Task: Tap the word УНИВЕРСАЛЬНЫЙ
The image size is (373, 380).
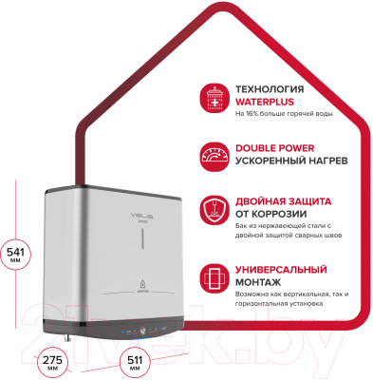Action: click(287, 269)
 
